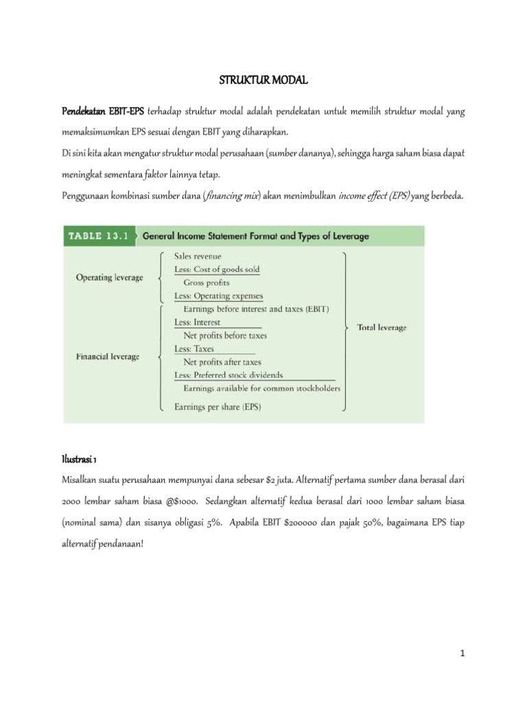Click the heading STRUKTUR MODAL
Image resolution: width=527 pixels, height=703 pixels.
pyautogui.click(x=263, y=81)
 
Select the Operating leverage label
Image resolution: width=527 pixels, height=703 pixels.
pyautogui.click(x=109, y=277)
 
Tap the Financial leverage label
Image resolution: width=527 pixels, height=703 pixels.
pyautogui.click(x=108, y=356)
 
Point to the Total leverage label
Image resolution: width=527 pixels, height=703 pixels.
pyautogui.click(x=382, y=327)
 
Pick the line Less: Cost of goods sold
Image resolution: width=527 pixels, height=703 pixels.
pyautogui.click(x=217, y=270)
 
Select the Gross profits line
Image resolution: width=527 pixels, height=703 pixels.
pyautogui.click(x=206, y=282)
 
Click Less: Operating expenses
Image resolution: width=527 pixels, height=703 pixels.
pyautogui.click(x=218, y=296)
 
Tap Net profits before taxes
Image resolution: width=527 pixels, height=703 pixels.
pyautogui.click(x=225, y=336)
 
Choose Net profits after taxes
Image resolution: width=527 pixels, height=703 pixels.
pyautogui.click(x=222, y=362)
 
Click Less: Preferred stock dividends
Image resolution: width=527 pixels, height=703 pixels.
pyautogui.click(x=229, y=375)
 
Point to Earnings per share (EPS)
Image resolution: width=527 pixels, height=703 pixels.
pyautogui.click(x=218, y=406)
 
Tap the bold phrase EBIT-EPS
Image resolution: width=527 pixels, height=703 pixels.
pyautogui.click(x=126, y=111)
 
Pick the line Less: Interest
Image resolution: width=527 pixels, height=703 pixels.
pyautogui.click(x=198, y=322)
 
